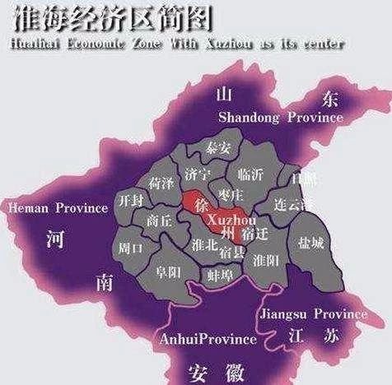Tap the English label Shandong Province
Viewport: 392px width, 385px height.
tap(280, 118)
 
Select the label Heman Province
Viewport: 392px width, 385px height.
tap(58, 208)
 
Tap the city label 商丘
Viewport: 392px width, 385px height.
tap(160, 220)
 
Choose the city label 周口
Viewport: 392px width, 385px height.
tap(132, 246)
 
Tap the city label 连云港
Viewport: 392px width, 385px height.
tap(293, 203)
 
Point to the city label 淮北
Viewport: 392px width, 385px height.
tap(203, 244)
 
